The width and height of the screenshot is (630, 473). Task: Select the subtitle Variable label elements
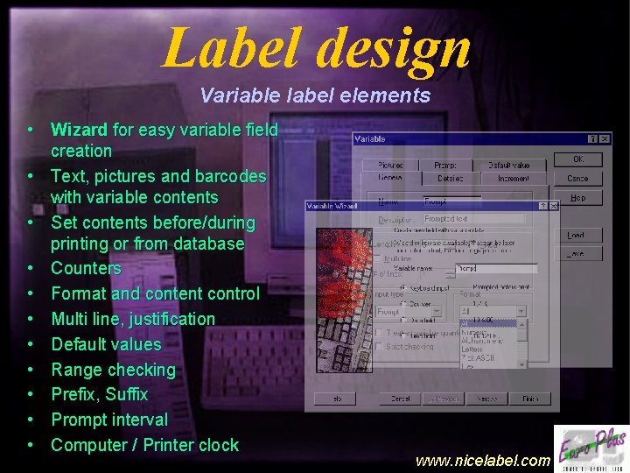[315, 95]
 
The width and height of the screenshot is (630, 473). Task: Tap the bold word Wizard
[80, 131]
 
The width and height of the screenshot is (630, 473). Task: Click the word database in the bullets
[210, 243]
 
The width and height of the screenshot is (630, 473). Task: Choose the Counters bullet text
[86, 268]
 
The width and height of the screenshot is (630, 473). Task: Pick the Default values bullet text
[106, 344]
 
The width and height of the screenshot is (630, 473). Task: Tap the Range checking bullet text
[113, 370]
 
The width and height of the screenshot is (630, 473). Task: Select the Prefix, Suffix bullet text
[99, 394]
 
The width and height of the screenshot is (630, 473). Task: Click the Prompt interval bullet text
[109, 420]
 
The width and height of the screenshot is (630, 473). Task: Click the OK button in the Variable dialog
[577, 159]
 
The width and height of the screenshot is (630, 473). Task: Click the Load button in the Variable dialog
[576, 235]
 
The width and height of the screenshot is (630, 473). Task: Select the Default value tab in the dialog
[508, 165]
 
